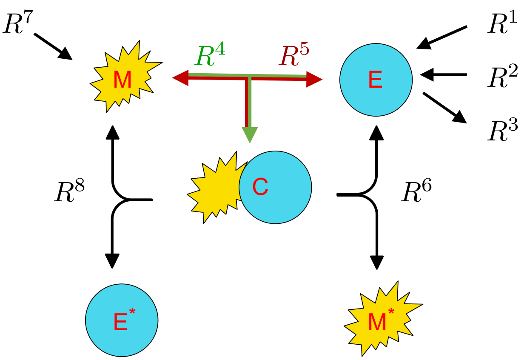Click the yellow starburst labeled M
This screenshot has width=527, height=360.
(x=123, y=79)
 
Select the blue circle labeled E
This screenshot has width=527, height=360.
(x=376, y=79)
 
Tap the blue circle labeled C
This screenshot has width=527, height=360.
(x=275, y=187)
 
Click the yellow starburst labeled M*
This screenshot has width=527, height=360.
(x=381, y=319)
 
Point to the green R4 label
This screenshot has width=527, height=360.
(x=210, y=56)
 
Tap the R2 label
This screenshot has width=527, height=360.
(x=502, y=75)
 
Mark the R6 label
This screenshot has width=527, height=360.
(x=417, y=193)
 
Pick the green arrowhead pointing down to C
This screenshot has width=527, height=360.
(x=250, y=135)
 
